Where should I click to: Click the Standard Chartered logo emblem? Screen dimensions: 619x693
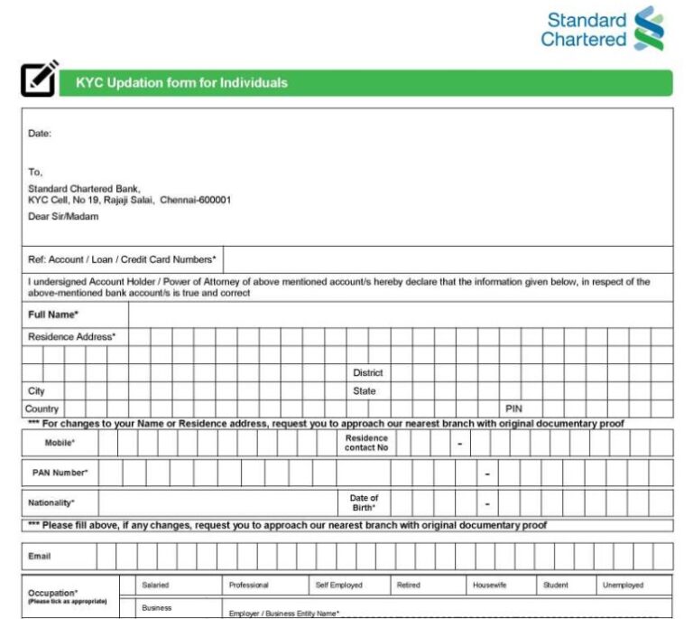[x=649, y=28]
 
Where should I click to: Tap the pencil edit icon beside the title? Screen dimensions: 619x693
[x=39, y=79]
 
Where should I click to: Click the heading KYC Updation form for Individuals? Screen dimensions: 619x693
[x=181, y=83]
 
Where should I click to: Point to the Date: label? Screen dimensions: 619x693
[x=40, y=134]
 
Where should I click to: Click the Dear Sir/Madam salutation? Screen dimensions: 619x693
[x=63, y=217]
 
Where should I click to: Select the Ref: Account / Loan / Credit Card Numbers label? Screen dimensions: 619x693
[x=122, y=259]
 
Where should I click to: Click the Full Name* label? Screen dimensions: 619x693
[x=53, y=314]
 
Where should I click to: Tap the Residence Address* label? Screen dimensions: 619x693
[x=71, y=336]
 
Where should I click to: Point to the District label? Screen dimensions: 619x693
[x=367, y=372]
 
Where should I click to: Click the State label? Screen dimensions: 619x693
[x=364, y=391]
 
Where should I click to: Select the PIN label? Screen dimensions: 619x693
[x=513, y=409]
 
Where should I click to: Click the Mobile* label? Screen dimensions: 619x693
[x=60, y=443]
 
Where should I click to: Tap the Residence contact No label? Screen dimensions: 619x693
[x=366, y=443]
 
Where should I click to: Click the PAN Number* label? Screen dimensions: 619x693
[x=60, y=473]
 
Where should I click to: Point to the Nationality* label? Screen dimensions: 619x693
[x=51, y=502]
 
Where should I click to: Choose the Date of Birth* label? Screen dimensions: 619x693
[x=364, y=502]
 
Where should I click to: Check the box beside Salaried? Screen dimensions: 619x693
[x=127, y=586]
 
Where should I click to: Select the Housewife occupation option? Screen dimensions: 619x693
[x=489, y=586]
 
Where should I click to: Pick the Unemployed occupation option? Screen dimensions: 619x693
[x=623, y=586]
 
